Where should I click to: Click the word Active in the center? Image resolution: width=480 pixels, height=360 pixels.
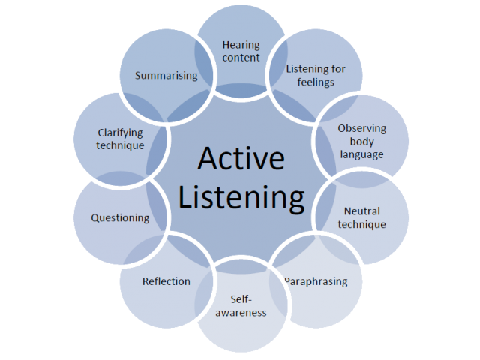[x=241, y=158]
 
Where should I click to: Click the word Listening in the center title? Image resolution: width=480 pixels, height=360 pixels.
[x=241, y=198]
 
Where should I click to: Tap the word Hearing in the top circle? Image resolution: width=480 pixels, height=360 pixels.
[x=241, y=45]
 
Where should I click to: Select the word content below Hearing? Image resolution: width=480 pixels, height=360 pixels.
[x=241, y=58]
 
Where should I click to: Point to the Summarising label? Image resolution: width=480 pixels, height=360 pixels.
[x=166, y=76]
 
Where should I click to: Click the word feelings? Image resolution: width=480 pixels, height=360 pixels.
[x=316, y=82]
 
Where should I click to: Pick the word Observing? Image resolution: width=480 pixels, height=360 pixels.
[x=361, y=128]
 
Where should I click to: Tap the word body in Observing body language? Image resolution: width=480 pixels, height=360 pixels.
[x=361, y=142]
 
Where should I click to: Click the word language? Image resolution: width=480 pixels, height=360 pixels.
[x=361, y=155]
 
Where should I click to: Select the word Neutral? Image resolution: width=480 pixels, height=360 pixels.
[x=361, y=211]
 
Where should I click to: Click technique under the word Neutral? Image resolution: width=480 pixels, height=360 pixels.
[x=361, y=224]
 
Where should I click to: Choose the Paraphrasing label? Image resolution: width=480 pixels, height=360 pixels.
[x=316, y=281]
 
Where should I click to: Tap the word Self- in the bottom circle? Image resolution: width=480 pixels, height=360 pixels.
[x=241, y=299]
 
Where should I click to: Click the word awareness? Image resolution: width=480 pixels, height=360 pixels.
[x=241, y=313]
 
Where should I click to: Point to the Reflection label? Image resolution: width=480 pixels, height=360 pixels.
[x=166, y=281]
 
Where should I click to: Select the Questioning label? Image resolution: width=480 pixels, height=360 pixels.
[x=120, y=218]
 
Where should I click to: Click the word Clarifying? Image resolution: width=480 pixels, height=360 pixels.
[x=120, y=133]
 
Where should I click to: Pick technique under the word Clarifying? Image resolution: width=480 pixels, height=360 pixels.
[x=120, y=145]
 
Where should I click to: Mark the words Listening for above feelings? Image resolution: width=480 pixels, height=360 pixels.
[x=316, y=69]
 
